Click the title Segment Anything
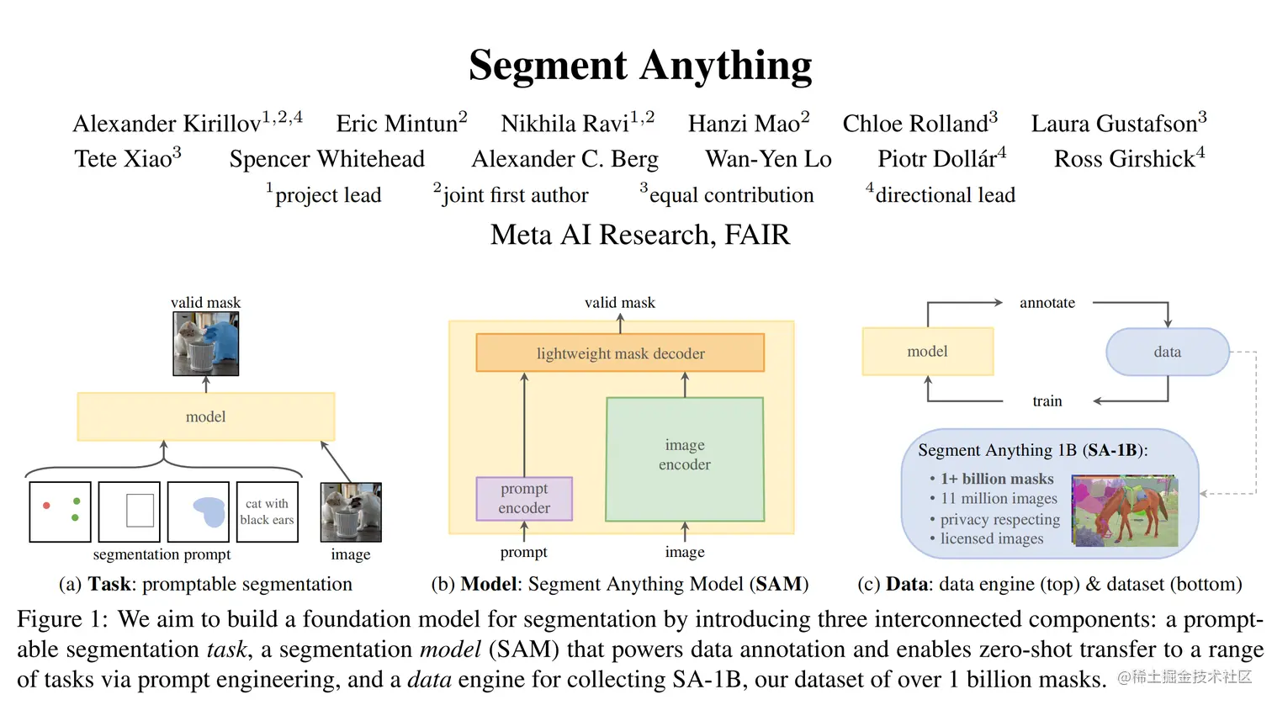point(640,66)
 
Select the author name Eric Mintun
point(396,124)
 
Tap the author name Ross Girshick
point(1124,159)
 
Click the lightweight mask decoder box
point(620,352)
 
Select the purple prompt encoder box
point(524,499)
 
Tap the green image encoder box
point(684,459)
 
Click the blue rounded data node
point(1168,352)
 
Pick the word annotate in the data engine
point(1047,303)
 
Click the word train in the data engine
point(1047,401)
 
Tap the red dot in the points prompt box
point(46,505)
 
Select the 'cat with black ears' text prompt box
point(267,512)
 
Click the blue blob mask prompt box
point(199,512)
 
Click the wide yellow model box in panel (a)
point(205,417)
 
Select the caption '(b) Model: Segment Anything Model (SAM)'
point(619,584)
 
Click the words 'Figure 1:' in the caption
point(62,619)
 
